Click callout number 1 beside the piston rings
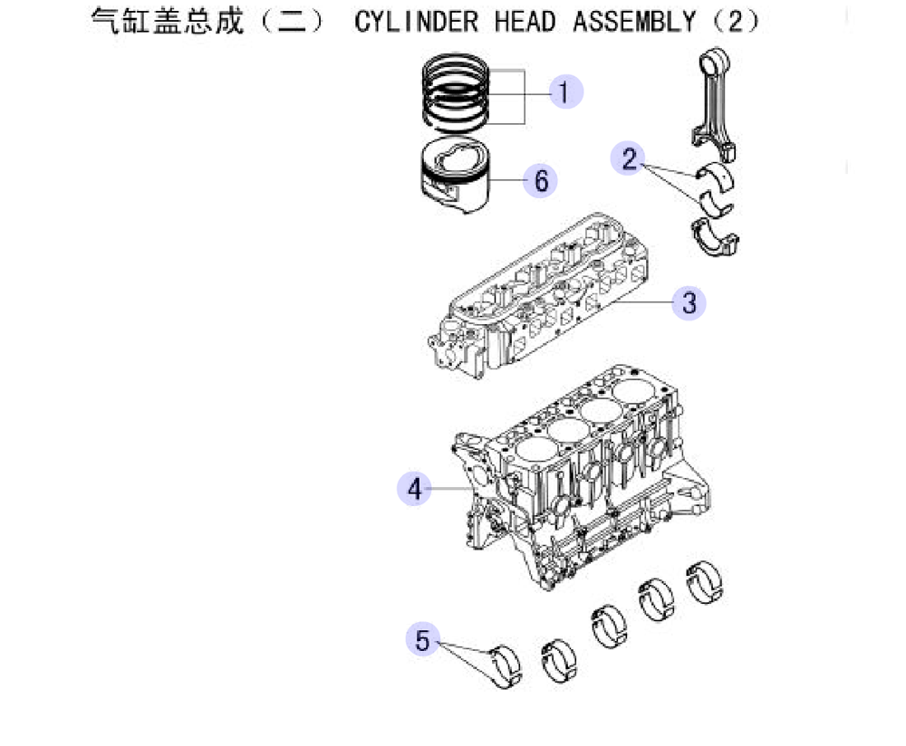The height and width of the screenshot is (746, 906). point(564,91)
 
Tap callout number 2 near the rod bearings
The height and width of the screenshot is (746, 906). point(628,158)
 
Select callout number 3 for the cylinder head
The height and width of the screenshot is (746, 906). point(689,302)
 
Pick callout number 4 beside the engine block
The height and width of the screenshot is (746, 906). point(414,489)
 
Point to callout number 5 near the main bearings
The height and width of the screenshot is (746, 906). point(423,640)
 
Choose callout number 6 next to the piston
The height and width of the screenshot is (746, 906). point(540,180)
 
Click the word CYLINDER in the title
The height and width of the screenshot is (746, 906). point(417,22)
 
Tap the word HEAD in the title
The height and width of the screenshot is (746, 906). point(525,22)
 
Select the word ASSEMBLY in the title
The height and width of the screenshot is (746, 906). point(634,22)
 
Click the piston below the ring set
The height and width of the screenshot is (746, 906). point(455,176)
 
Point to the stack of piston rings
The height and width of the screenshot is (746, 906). point(455,91)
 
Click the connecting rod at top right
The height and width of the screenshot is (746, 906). point(714,103)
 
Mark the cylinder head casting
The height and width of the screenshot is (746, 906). point(537,296)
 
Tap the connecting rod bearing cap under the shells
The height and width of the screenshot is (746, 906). point(716,237)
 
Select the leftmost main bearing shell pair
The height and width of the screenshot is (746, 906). point(506,665)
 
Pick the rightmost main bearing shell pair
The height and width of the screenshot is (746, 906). point(704,582)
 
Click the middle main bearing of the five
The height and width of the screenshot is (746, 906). point(609,626)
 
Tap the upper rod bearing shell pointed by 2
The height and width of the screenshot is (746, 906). point(716,177)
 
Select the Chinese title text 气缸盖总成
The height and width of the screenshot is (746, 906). point(168,22)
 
